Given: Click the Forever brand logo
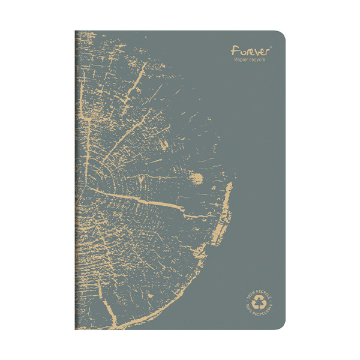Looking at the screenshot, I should [x=251, y=52].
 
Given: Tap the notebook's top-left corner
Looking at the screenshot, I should [x=76, y=32].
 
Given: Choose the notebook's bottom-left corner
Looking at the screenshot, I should [x=76, y=329].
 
